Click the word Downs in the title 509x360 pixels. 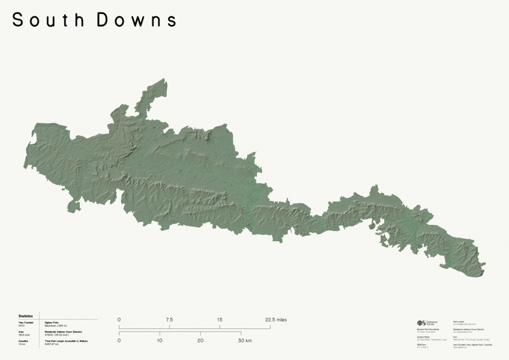137,20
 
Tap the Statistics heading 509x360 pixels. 25,316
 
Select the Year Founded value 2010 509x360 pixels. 21,325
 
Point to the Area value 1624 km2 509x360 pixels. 23,335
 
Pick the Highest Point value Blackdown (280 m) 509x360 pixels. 56,325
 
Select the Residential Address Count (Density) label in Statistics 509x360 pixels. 63,332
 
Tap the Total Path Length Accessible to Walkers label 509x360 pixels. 66,341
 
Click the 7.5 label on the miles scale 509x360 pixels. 169,320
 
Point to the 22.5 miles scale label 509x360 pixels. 275,320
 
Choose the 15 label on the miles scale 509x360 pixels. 220,320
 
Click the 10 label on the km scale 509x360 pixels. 160,341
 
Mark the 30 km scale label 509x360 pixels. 244,341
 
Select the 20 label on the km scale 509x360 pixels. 200,341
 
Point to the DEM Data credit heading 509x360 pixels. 422,344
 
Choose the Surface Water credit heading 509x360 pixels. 424,337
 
